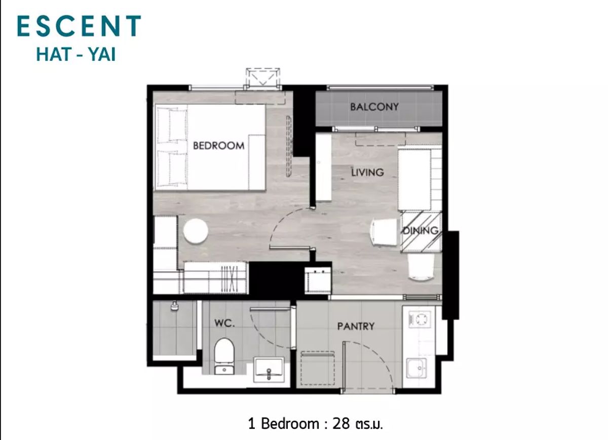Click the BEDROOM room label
(x=218, y=146)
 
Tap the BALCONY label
(x=374, y=107)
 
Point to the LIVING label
(x=367, y=172)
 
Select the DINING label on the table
(x=421, y=230)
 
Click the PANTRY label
(x=356, y=326)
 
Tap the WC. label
(x=224, y=323)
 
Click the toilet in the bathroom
(x=224, y=356)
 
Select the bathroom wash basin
(x=269, y=370)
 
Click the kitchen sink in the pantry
(x=416, y=368)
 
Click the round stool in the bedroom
(x=196, y=230)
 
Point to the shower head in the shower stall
(x=174, y=306)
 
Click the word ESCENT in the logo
(x=79, y=26)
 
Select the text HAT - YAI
(x=76, y=55)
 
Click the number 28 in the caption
(x=341, y=423)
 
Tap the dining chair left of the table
(x=384, y=233)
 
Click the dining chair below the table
(x=421, y=267)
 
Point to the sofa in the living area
(x=420, y=179)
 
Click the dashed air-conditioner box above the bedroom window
(x=263, y=77)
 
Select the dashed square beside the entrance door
(x=317, y=368)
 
